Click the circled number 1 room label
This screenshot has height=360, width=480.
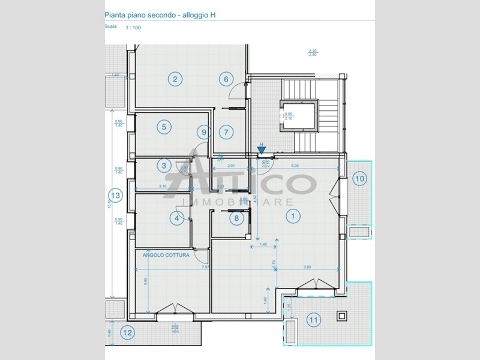(293, 215)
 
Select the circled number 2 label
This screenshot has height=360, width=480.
(175, 79)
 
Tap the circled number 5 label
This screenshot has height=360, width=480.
(163, 127)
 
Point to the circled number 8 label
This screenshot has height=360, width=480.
(236, 218)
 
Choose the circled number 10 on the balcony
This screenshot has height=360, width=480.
(359, 178)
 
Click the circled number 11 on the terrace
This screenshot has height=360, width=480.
(313, 320)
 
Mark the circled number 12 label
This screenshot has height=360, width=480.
(127, 332)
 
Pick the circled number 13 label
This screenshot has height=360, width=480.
(116, 195)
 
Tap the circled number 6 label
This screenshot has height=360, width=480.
(226, 79)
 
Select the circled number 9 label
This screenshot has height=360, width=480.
(204, 132)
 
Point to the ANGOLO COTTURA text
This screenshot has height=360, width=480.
(166, 255)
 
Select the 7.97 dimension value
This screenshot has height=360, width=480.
(205, 267)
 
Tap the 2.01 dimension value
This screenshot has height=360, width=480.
(231, 166)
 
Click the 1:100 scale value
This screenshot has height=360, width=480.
(133, 28)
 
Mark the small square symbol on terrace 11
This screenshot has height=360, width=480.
(342, 315)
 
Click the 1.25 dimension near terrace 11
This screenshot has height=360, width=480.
(290, 308)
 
